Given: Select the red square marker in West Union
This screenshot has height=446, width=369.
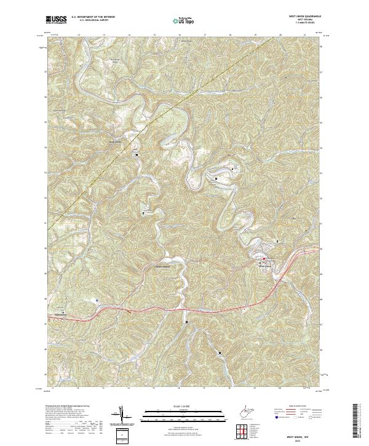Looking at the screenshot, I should (264, 258).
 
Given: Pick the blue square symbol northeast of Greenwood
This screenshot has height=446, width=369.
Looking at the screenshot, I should (97, 300).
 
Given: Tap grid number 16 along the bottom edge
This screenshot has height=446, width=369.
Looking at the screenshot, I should (178, 389).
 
